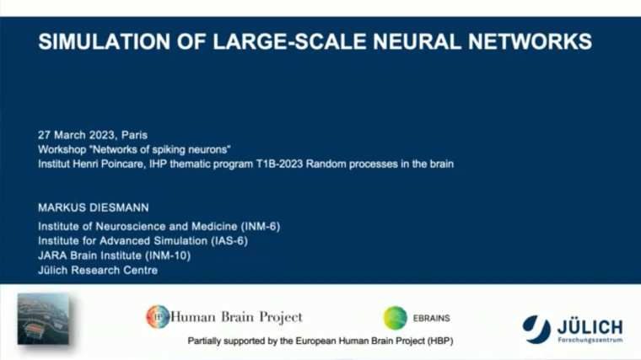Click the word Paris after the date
134,135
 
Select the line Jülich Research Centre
98,270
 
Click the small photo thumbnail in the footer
43,318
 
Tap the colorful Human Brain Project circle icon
158,317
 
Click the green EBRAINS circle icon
395,318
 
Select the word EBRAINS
432,319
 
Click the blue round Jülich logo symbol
536,327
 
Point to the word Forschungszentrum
590,340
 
